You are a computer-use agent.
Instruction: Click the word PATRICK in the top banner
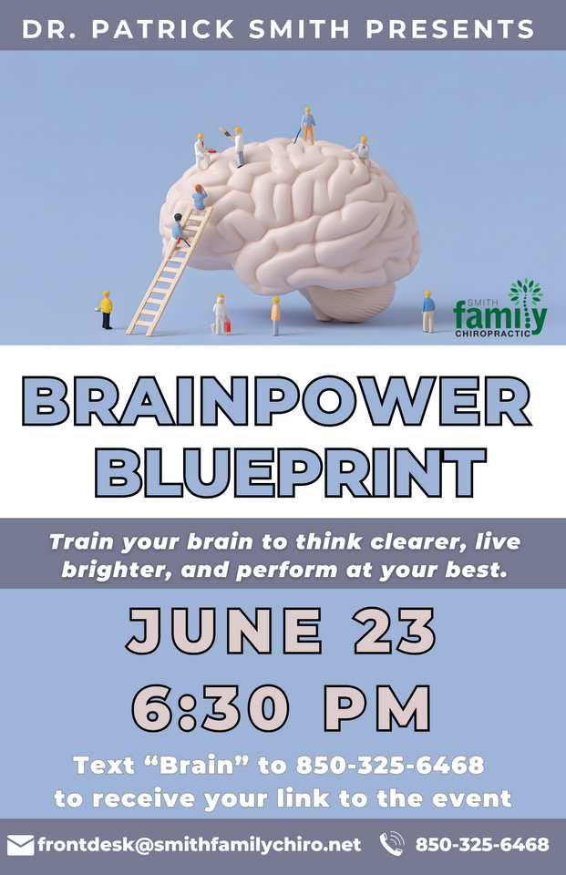pyautogui.click(x=163, y=29)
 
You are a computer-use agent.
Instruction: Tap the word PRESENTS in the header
pyautogui.click(x=450, y=29)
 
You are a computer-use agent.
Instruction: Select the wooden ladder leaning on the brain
pyautogui.click(x=170, y=271)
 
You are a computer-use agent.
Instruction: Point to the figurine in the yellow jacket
pyautogui.click(x=105, y=310)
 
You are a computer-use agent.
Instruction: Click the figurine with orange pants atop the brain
pyautogui.click(x=306, y=126)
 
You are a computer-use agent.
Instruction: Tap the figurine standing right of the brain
pyautogui.click(x=428, y=312)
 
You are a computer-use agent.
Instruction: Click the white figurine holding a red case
pyautogui.click(x=221, y=314)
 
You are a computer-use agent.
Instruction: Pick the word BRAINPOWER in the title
pyautogui.click(x=276, y=401)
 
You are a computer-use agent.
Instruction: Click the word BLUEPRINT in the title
pyautogui.click(x=290, y=471)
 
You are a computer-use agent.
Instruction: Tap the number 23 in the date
pyautogui.click(x=396, y=630)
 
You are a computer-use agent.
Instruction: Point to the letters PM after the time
pyautogui.click(x=378, y=707)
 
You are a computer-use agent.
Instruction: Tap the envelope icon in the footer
pyautogui.click(x=21, y=845)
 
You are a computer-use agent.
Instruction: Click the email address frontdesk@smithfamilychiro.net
pyautogui.click(x=200, y=845)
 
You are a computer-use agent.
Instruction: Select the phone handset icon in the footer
pyautogui.click(x=392, y=844)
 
